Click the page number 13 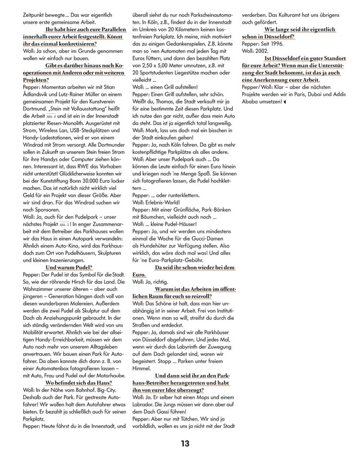point(184,443)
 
